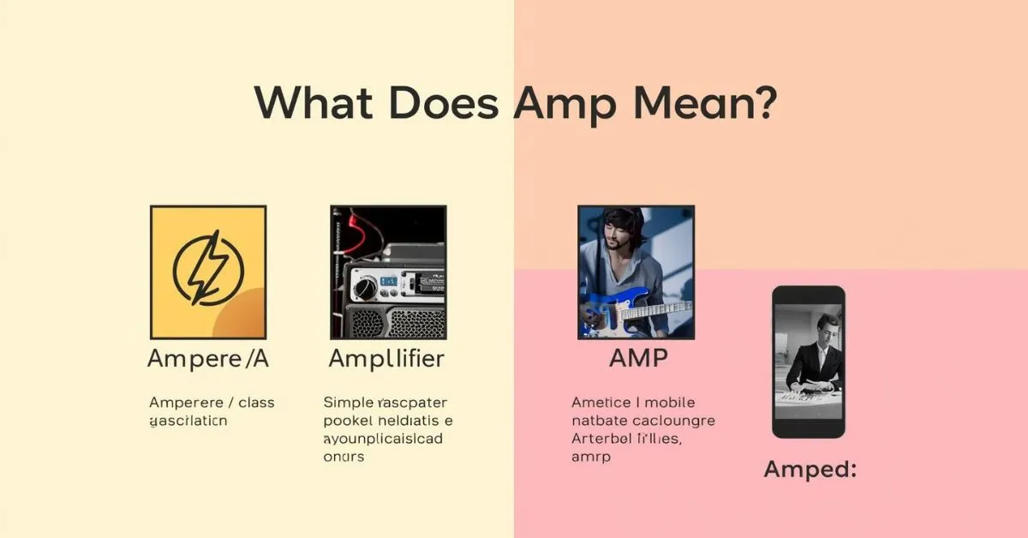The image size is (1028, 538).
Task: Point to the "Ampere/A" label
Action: [x=208, y=359]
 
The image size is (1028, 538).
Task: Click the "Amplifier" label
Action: [x=387, y=359]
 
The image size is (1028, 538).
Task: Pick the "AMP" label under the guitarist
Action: [x=637, y=359]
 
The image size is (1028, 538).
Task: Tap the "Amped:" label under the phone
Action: [x=810, y=469]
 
